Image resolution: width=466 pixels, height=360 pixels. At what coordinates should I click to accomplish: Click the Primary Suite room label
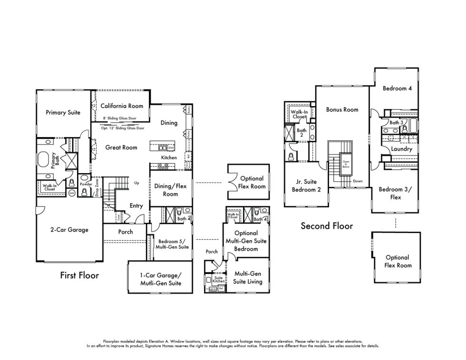63,113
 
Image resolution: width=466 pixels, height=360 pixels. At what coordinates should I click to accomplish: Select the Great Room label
121,147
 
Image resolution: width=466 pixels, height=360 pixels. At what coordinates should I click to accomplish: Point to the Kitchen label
169,157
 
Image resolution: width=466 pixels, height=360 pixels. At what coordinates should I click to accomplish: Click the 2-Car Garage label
69,230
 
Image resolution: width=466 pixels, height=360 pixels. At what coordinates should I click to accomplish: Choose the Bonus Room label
342,109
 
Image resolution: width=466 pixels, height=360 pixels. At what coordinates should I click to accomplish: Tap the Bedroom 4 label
397,88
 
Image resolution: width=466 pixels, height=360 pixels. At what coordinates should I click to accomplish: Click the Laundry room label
401,149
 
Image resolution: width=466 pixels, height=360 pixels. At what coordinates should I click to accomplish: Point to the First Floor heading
79,275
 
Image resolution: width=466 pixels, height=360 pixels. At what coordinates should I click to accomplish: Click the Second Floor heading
327,226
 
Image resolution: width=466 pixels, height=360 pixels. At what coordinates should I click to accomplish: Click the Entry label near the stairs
136,205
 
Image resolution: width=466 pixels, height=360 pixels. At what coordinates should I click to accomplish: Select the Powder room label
86,184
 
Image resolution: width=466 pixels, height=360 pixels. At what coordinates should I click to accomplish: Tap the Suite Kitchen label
218,280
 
